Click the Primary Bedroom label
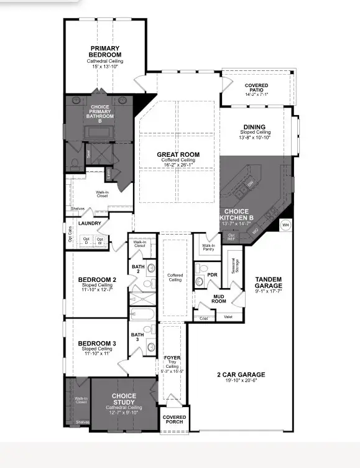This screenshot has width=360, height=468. tap(105, 52)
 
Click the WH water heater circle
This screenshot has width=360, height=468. tap(285, 225)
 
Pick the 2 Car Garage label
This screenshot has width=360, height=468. tap(241, 374)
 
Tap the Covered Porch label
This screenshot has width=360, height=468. tap(174, 420)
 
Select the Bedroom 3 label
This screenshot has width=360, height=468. tap(96, 344)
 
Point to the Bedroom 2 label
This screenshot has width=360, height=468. tap(96, 279)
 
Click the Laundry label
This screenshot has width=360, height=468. tap(90, 223)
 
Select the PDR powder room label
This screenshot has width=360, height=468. tap(212, 274)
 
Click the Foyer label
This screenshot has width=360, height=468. tap(173, 358)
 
